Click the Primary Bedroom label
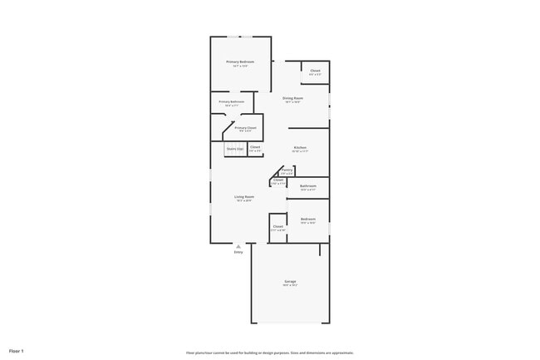point(240,62)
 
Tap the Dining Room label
point(292,98)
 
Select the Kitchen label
point(300,148)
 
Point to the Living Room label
point(243,196)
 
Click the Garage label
point(290,282)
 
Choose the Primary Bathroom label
point(232,101)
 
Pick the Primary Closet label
point(246,128)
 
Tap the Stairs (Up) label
point(235,150)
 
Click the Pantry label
point(287,170)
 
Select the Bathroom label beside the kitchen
point(308,185)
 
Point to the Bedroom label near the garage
point(307,219)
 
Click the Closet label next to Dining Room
point(316,71)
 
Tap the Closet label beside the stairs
point(255,148)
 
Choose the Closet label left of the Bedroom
point(278,226)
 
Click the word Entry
point(238,253)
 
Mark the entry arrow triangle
point(238,247)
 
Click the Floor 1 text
point(17,352)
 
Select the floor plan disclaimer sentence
point(270,353)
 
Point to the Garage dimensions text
point(290,286)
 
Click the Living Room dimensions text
point(243,200)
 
